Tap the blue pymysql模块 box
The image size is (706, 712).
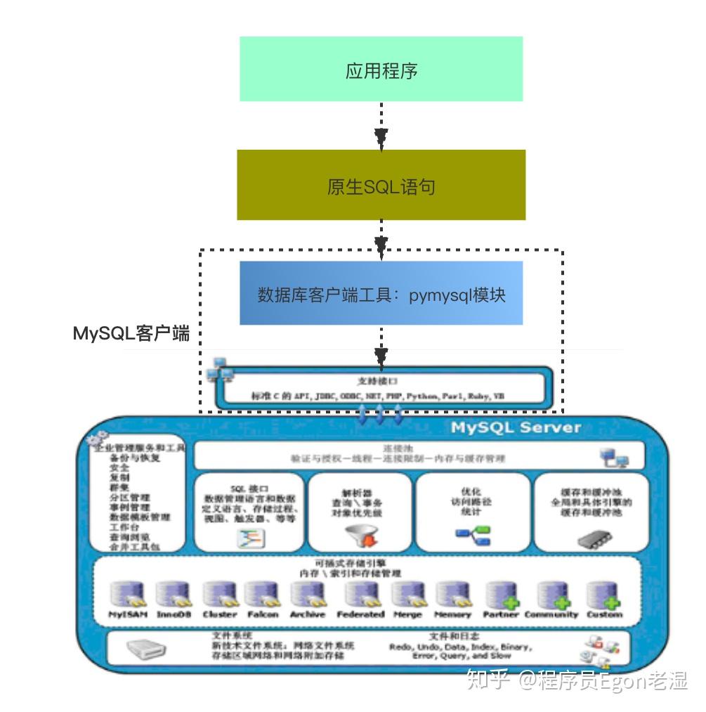point(381,293)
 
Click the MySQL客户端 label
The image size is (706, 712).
point(131,333)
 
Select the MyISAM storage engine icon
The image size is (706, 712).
point(129,595)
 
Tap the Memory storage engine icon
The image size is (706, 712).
point(452,595)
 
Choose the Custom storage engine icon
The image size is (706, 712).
point(603,595)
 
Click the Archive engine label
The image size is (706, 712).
point(308,614)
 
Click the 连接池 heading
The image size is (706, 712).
point(397,448)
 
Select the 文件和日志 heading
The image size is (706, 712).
point(460,635)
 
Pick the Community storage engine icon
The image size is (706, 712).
point(552,595)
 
